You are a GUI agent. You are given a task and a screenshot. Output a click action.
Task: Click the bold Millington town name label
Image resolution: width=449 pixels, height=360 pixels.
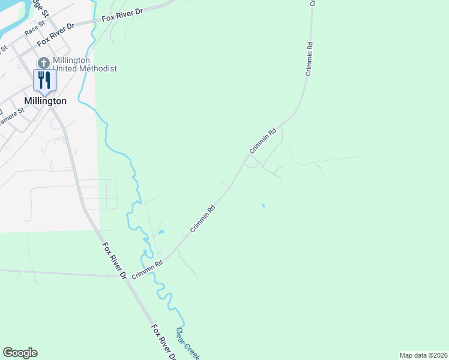[x=46, y=101]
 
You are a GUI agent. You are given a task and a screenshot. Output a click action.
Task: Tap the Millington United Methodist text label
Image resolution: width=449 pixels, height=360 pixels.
[x=84, y=64]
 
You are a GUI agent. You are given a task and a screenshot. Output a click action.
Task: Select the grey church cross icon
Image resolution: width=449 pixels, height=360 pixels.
[x=43, y=63]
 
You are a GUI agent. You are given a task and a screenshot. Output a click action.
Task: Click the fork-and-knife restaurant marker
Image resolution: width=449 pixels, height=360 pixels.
[x=43, y=80]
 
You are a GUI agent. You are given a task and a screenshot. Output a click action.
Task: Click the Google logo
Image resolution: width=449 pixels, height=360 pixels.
[x=20, y=353]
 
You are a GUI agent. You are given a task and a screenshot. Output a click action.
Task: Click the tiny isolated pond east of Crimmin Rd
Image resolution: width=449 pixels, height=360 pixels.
[x=263, y=206]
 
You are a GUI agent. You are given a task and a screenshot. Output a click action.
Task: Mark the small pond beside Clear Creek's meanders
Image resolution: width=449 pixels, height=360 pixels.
[x=160, y=232]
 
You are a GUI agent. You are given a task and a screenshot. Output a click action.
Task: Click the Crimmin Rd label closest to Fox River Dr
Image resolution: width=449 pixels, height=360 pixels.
[x=148, y=268]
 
